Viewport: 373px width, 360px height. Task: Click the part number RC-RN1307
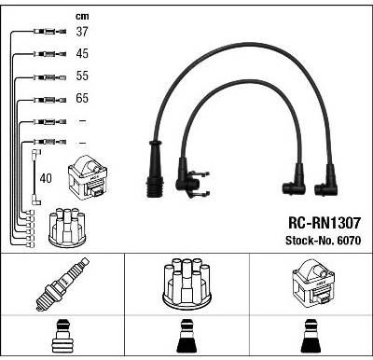pos(325,223)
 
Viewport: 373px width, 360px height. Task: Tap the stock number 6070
pos(349,241)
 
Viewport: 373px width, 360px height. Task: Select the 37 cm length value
pos(82,32)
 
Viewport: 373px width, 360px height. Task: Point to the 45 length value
pos(82,53)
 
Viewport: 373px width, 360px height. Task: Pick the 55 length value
pos(82,76)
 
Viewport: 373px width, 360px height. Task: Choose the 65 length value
pos(82,98)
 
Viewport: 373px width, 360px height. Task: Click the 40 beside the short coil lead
pos(46,178)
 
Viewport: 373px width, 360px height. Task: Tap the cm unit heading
pos(82,16)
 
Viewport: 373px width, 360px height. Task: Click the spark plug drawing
pos(62,284)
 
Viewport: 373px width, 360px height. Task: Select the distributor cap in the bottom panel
pos(186,284)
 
